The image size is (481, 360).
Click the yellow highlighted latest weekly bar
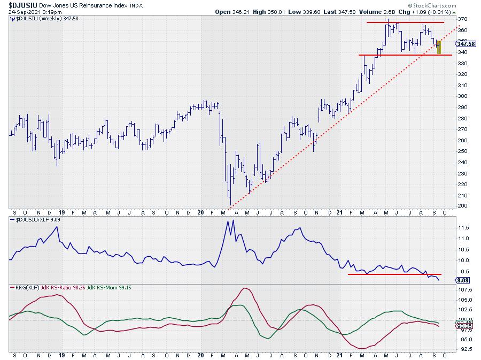(x=439, y=47)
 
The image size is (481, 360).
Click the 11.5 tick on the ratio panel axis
(x=463, y=227)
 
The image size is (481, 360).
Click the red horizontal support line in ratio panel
(x=385, y=274)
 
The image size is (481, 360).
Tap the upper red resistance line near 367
(x=405, y=22)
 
